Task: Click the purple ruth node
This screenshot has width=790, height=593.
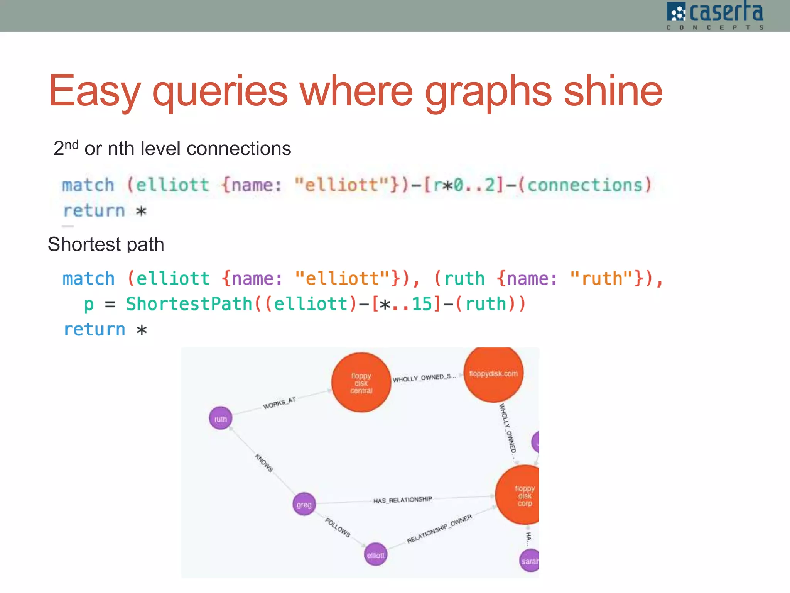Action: point(221,418)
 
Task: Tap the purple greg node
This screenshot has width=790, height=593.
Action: point(304,504)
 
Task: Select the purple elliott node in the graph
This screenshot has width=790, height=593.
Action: point(375,555)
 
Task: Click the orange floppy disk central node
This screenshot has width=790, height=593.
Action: point(361,383)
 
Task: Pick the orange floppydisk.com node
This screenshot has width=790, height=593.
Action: point(493,374)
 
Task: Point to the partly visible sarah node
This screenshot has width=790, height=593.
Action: point(530,561)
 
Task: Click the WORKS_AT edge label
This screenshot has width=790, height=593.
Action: point(279,403)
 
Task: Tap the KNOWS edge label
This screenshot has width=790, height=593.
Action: point(264,463)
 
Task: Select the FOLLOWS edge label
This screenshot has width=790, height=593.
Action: point(338,527)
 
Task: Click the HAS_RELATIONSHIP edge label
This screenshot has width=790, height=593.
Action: point(402,500)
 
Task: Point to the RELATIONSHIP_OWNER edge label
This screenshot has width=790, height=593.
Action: point(439,529)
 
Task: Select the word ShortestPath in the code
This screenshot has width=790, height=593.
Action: point(189,304)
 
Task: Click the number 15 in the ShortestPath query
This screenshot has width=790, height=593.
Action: point(422,304)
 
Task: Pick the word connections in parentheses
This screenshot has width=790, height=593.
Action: point(585,185)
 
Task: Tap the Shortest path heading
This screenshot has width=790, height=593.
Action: point(106,244)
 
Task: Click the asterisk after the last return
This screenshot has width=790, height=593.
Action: point(142,330)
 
